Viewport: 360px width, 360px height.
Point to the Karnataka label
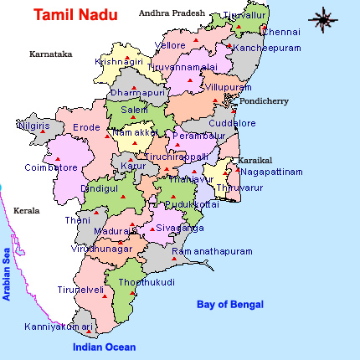(50, 54)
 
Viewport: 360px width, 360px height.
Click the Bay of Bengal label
(230, 304)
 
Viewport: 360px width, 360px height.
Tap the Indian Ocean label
(103, 347)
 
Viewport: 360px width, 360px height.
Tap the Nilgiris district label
(33, 126)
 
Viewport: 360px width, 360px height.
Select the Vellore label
(172, 45)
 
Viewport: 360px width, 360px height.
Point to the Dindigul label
(99, 189)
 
